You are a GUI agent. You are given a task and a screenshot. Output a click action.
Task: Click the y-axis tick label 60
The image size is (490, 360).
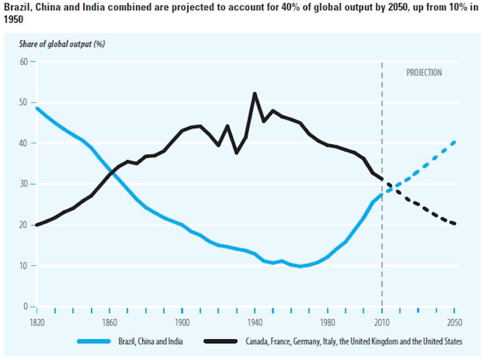[24, 62]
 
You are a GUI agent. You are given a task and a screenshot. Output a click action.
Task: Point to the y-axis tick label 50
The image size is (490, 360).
[24, 103]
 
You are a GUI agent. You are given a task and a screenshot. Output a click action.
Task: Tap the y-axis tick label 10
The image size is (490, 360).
[24, 266]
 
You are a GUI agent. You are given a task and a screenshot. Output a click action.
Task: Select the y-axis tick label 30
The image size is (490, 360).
[24, 185]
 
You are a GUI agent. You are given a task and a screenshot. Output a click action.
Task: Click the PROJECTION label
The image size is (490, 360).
[424, 73]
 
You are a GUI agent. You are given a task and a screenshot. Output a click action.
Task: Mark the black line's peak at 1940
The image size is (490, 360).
[254, 94]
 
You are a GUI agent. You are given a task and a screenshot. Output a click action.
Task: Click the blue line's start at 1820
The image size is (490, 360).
[37, 108]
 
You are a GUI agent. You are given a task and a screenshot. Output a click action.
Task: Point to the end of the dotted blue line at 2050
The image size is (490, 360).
[454, 142]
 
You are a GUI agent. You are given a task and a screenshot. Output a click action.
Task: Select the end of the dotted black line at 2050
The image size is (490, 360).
[454, 224]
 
